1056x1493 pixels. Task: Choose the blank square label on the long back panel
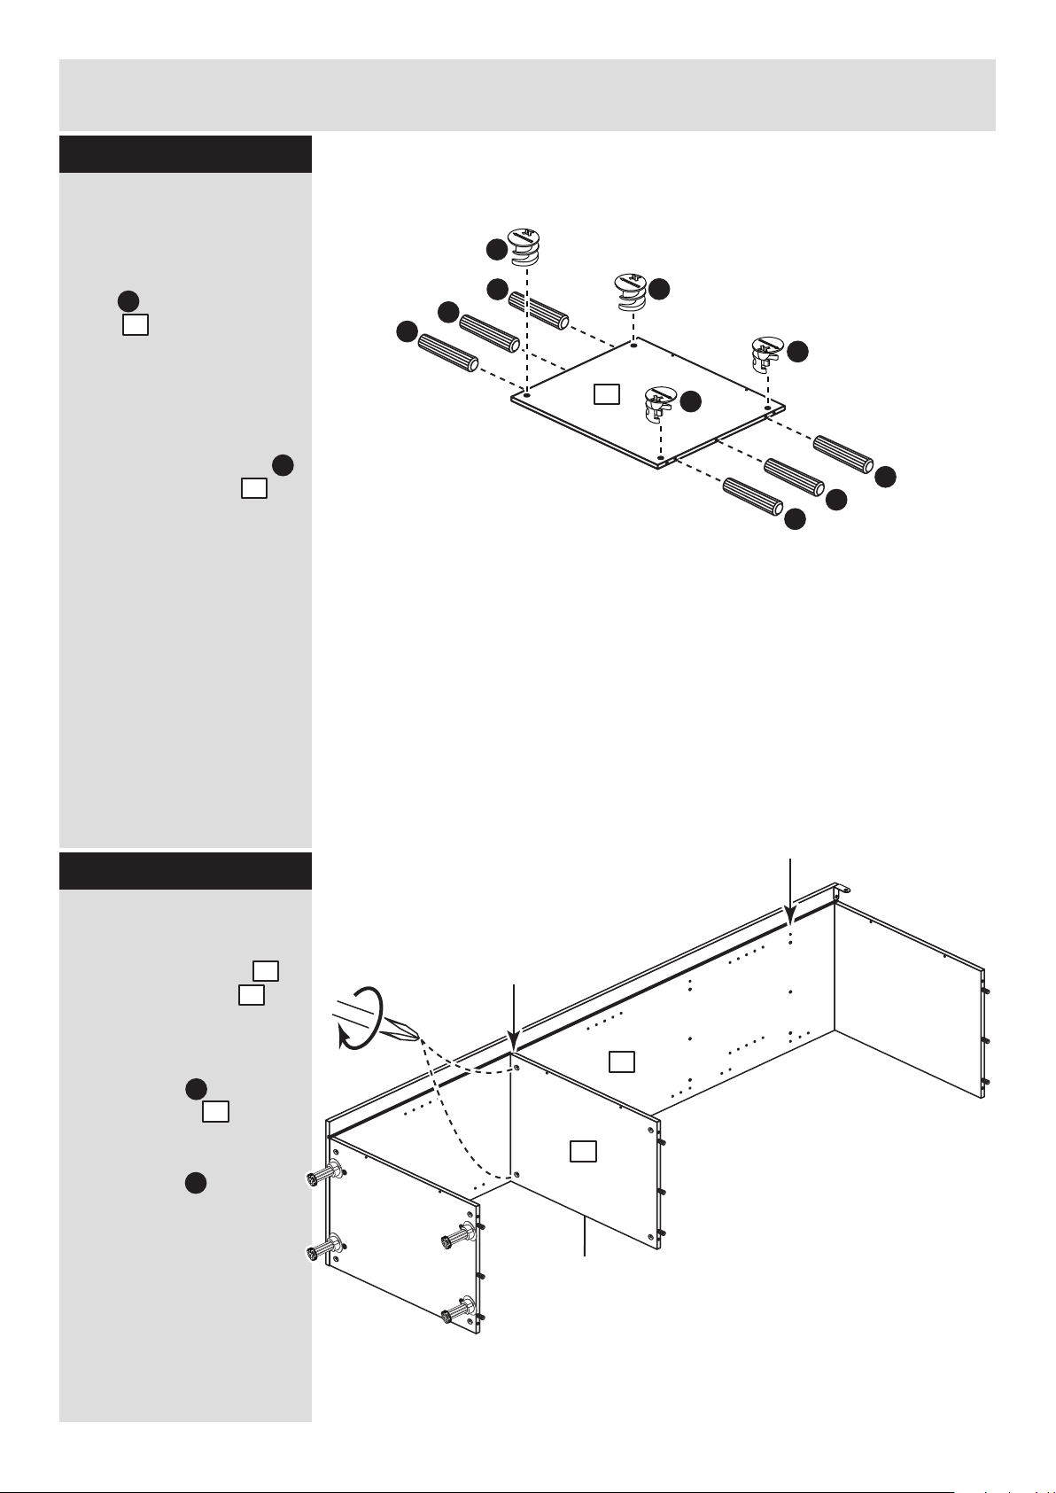622,1061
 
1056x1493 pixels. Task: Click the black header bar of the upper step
185,154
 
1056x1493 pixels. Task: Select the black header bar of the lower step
185,871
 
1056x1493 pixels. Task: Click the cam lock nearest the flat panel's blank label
658,403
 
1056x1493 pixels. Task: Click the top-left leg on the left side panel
322,1176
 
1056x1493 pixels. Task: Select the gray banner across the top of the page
527,95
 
